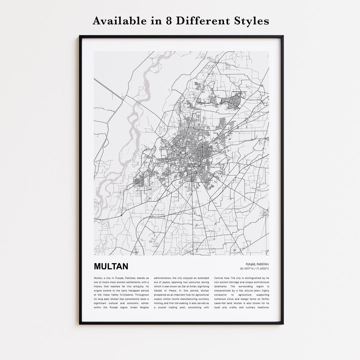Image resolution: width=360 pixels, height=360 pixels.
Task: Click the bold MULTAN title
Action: point(111,267)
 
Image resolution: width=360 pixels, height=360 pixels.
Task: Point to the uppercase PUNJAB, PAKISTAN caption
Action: point(257,264)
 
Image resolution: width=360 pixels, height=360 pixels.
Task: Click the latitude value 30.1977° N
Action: point(247,269)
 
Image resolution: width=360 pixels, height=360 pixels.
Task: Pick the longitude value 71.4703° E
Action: point(262,269)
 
